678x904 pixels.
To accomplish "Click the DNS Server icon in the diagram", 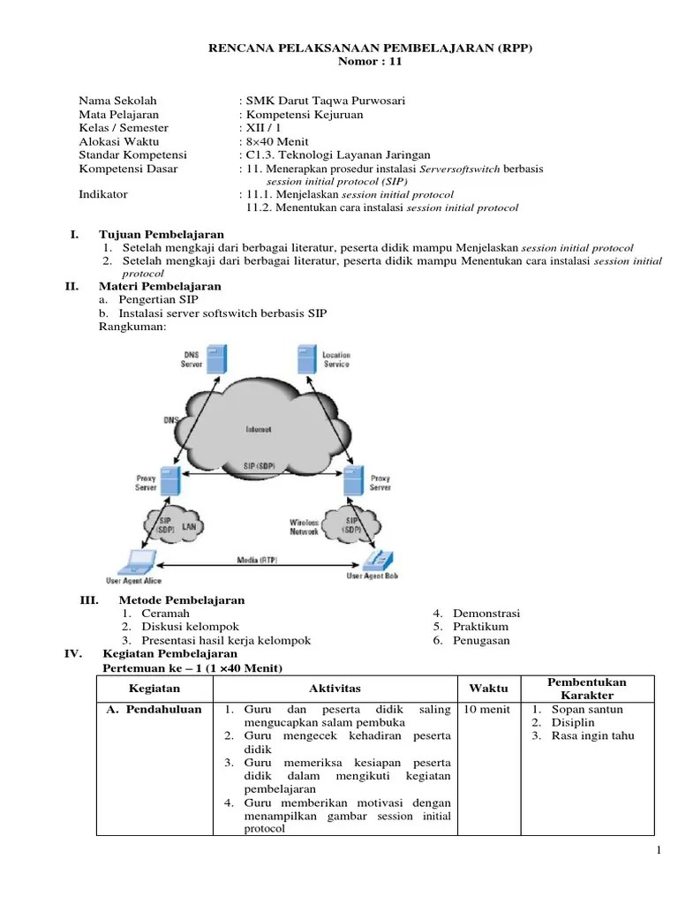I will click(x=215, y=358).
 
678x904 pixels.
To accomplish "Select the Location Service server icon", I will click(x=307, y=360).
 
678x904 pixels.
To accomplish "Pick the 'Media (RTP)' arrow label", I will click(x=253, y=559).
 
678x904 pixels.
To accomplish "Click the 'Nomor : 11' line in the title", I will click(x=370, y=62).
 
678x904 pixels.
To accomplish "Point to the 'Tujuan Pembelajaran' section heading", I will click(x=162, y=234).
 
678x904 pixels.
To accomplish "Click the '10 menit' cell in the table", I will click(x=485, y=709).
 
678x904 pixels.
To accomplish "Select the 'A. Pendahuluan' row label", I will click(x=153, y=709).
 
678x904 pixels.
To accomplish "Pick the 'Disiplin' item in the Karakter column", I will click(x=573, y=723).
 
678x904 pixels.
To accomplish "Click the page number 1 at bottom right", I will click(x=659, y=849).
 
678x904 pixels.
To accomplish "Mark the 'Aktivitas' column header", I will click(x=335, y=689).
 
